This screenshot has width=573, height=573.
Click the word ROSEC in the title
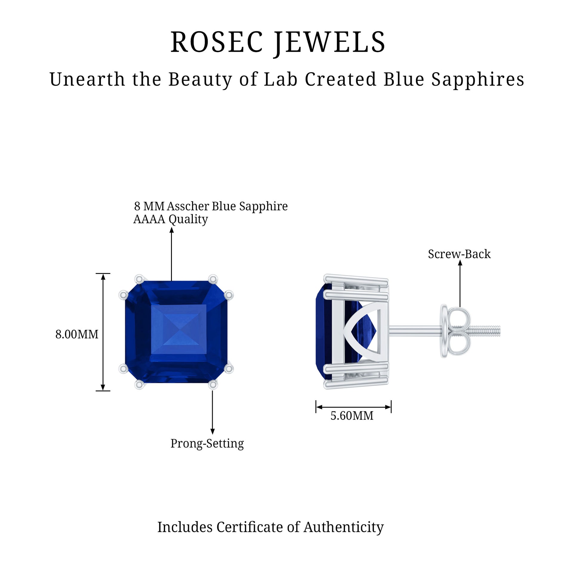217,42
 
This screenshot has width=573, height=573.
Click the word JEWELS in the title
330,42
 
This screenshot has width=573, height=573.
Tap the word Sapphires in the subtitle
478,79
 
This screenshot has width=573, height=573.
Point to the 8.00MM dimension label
77,334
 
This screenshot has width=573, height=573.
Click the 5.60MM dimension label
352,416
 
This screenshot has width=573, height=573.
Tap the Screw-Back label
459,254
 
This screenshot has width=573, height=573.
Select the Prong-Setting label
207,443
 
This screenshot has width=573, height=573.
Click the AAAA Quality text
170,219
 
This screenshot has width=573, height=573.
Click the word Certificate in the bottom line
250,527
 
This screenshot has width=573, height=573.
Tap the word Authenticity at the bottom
344,527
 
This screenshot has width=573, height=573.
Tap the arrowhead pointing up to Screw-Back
460,263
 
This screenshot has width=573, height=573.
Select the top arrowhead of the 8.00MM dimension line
103,277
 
